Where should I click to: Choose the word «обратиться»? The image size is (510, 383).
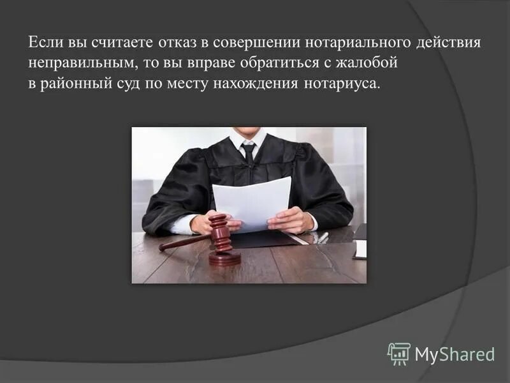(x=245, y=64)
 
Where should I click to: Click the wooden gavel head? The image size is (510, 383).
(x=221, y=233)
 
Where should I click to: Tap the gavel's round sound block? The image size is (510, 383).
(x=225, y=257)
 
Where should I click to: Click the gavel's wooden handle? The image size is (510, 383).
(x=185, y=242)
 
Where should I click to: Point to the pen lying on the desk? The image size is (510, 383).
(x=323, y=237)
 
